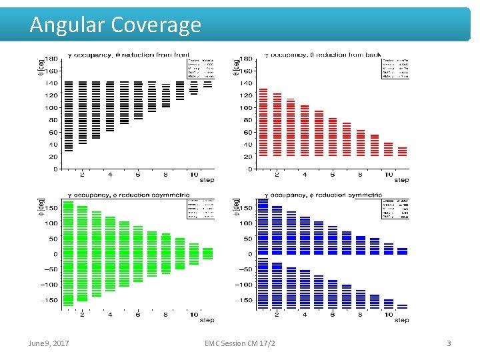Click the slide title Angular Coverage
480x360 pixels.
point(115,25)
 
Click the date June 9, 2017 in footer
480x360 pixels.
point(48,343)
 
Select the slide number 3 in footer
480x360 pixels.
point(449,343)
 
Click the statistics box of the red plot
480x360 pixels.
point(395,66)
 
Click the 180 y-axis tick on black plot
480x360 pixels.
point(50,59)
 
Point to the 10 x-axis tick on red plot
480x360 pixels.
point(388,175)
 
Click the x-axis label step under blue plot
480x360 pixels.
point(401,321)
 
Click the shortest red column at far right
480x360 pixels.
point(402,151)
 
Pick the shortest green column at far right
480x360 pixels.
point(208,253)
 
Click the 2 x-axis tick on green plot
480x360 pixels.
point(82,315)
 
